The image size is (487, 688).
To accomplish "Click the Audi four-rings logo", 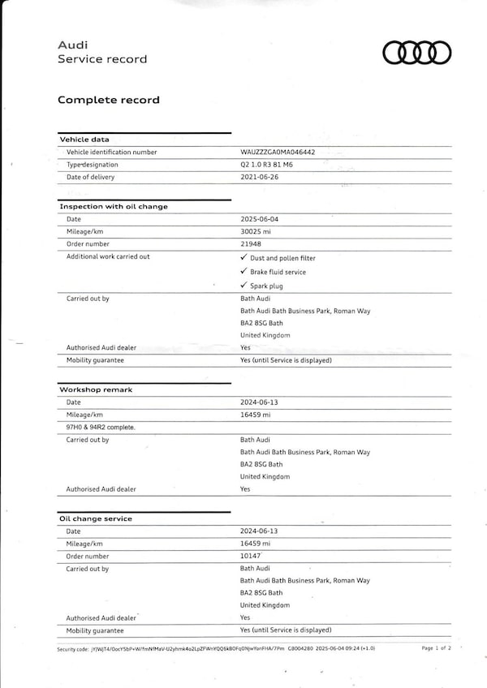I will (x=416, y=53).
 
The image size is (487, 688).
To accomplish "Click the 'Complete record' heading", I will (x=108, y=100).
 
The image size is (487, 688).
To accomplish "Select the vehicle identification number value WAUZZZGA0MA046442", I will (x=278, y=152).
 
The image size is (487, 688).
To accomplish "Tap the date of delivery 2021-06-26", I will (x=259, y=177).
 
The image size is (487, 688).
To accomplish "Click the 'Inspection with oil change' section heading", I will (x=114, y=206).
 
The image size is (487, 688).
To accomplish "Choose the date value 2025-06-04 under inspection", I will (x=259, y=219).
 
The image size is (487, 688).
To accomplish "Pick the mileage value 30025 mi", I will (x=255, y=231).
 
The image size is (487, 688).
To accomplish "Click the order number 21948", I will (x=251, y=244).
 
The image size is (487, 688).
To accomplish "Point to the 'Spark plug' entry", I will (x=266, y=286).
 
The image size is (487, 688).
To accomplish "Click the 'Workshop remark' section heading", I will (x=96, y=389).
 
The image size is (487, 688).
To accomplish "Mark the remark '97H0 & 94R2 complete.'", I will (x=101, y=427).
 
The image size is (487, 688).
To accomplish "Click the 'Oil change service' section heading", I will (x=96, y=518).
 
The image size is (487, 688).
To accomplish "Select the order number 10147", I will (x=251, y=557).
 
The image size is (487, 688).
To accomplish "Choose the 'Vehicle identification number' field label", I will (x=112, y=152).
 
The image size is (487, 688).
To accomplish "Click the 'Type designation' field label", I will (x=92, y=165).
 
